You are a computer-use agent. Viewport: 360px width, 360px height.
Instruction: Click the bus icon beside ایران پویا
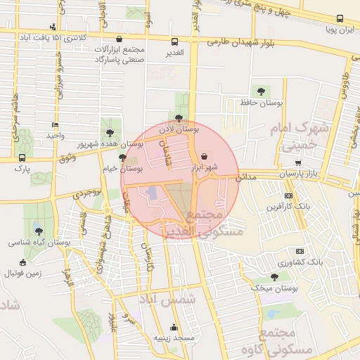(x=340, y=19)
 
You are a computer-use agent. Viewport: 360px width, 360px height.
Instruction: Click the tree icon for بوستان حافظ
(x=262, y=91)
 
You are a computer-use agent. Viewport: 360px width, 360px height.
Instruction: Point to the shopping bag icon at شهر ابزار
(x=204, y=156)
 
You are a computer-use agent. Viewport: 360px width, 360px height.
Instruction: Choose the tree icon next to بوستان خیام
(x=123, y=157)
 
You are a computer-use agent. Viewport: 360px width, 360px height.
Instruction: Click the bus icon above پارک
(x=22, y=157)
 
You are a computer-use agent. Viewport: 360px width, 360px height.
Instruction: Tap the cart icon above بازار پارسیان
(x=298, y=162)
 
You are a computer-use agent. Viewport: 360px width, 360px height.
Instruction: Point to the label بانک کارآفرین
(x=289, y=207)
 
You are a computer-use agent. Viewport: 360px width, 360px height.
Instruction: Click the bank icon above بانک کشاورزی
(x=300, y=251)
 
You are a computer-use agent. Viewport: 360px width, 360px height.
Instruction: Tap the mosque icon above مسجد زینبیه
(x=174, y=327)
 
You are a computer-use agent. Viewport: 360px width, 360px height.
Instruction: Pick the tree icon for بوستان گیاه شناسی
(x=39, y=231)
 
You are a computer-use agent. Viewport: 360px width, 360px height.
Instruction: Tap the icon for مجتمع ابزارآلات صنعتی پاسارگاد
(x=118, y=40)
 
